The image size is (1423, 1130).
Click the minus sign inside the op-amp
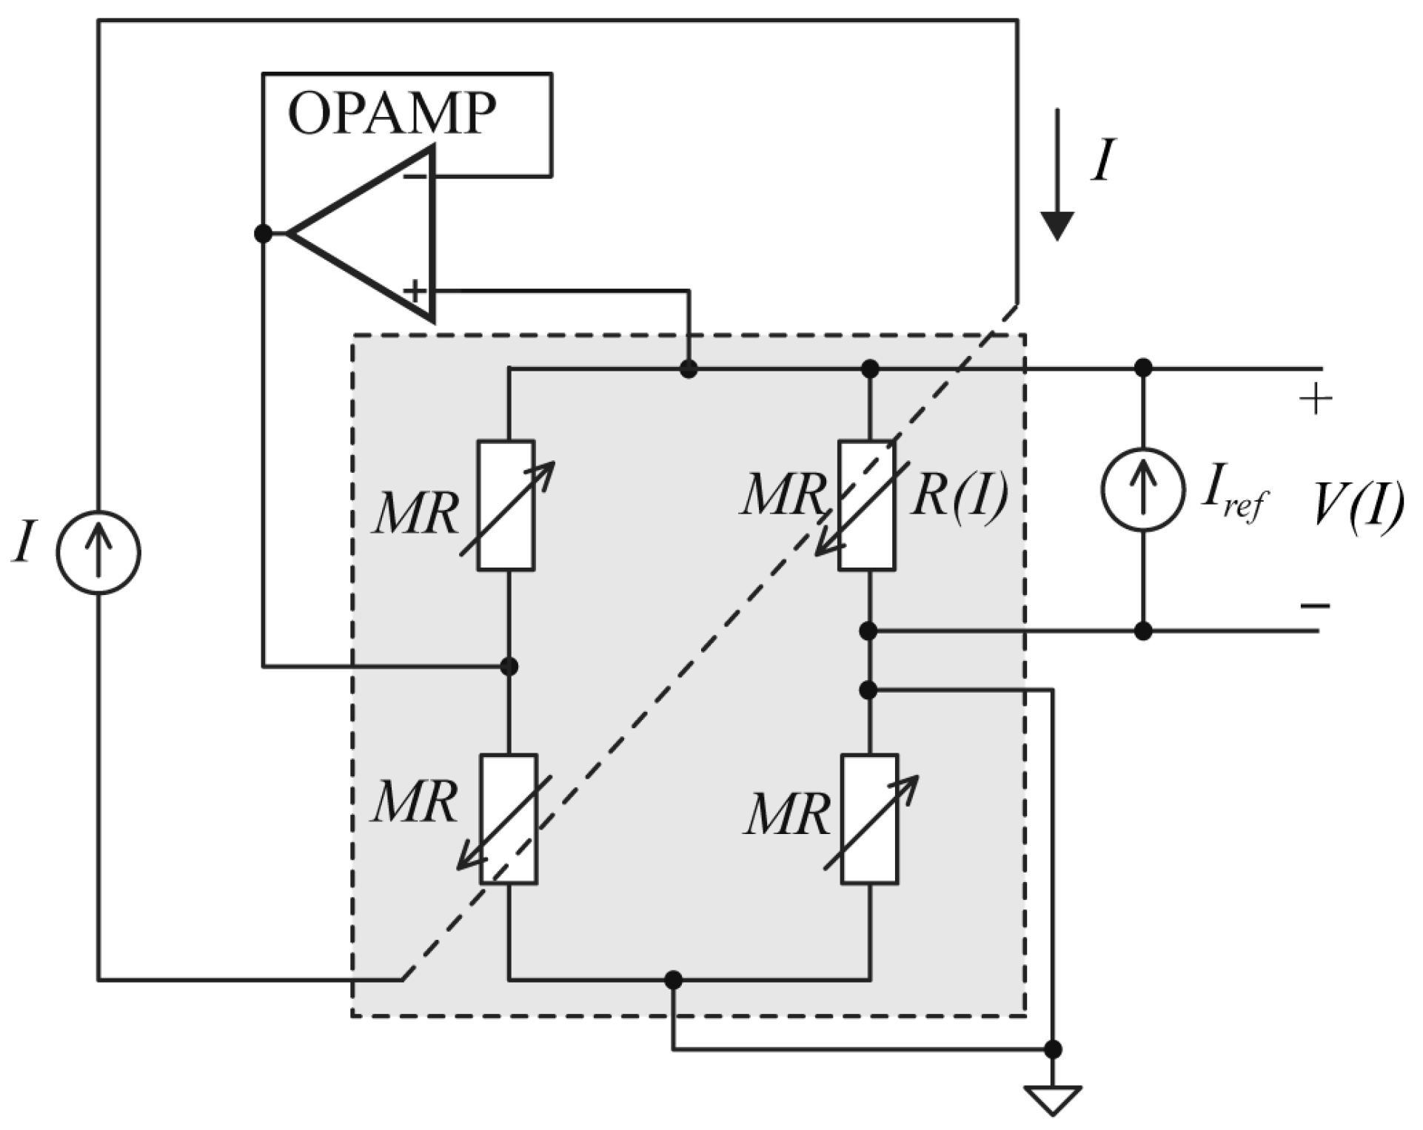coord(415,177)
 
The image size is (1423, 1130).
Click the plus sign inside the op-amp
coord(415,291)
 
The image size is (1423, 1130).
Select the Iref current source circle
coord(1143,490)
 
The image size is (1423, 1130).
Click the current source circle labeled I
coord(98,552)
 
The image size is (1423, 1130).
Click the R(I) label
coord(960,496)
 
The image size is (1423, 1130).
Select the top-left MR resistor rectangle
coord(506,505)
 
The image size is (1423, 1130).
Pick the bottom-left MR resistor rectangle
coord(509,818)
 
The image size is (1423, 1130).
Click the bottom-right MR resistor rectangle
coord(869,818)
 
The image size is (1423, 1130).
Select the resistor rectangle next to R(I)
coord(866,505)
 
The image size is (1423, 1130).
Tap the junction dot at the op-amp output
coord(263,234)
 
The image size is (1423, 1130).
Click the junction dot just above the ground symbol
coord(1052,1049)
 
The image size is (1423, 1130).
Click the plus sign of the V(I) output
coord(1315,400)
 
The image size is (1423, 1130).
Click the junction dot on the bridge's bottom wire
coord(673,980)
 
